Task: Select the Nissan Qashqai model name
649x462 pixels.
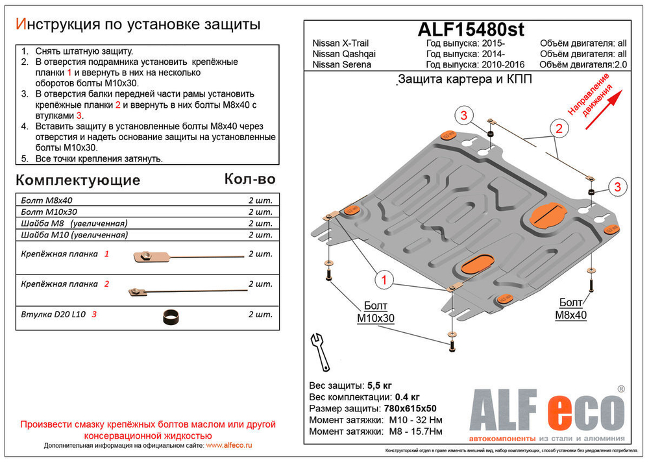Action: pyautogui.click(x=344, y=54)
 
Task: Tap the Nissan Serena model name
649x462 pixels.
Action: pyautogui.click(x=342, y=65)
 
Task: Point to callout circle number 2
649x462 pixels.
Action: pyautogui.click(x=557, y=128)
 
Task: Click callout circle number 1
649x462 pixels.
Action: pyautogui.click(x=384, y=280)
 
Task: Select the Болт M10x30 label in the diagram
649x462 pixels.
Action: pyautogui.click(x=376, y=311)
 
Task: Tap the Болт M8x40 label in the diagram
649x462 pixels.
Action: pyautogui.click(x=571, y=308)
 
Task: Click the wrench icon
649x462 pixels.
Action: pyautogui.click(x=321, y=350)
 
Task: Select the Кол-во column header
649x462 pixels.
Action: pyautogui.click(x=250, y=178)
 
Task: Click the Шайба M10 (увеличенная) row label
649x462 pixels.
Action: pyautogui.click(x=74, y=235)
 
